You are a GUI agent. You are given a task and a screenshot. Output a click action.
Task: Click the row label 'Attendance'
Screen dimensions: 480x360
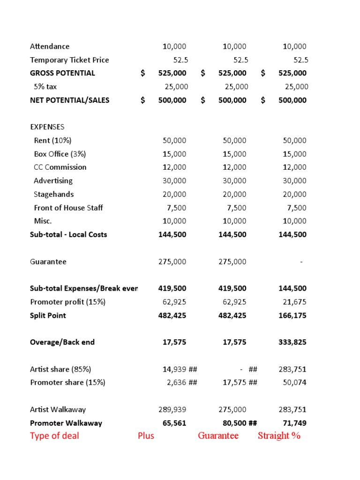coord(50,46)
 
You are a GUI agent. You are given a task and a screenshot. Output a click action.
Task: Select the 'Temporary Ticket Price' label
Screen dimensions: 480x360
coord(69,60)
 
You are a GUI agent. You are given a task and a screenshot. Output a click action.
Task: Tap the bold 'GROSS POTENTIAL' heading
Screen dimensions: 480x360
coord(62,73)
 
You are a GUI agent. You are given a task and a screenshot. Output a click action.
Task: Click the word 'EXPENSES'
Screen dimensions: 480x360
coord(47,127)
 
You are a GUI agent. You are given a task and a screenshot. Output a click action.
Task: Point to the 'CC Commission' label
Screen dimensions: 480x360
coord(60,167)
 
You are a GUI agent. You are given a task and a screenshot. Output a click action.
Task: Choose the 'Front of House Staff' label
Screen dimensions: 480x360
coord(68,208)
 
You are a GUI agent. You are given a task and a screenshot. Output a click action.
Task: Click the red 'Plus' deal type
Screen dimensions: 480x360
coord(146,436)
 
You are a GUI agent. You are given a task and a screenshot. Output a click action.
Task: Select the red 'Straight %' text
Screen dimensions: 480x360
coord(279,436)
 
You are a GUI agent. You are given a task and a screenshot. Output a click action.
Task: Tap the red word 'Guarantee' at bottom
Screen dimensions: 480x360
coord(218,436)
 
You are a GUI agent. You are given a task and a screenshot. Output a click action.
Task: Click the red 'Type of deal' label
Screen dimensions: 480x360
coord(54,436)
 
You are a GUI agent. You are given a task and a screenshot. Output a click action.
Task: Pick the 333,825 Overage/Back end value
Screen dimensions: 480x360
coord(292,342)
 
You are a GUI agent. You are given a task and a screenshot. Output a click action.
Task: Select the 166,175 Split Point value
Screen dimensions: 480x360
coord(292,315)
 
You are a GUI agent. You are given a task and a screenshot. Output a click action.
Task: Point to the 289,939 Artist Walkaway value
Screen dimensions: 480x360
coord(172,410)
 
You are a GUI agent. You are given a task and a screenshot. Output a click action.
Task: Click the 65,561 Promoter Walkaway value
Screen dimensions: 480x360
coord(174,423)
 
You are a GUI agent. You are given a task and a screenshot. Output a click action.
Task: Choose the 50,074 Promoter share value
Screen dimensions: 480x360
coord(295,382)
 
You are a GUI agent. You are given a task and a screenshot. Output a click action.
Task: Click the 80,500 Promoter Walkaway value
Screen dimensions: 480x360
coord(234,423)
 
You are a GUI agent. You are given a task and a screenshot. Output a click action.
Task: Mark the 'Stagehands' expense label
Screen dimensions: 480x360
coord(53,194)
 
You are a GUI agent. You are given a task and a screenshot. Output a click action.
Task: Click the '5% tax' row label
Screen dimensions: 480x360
coord(45,87)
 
